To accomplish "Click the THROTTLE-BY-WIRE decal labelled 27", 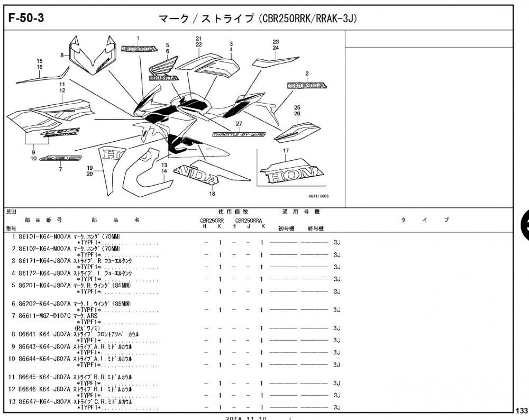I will point(239,135).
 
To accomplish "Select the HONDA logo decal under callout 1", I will point(139,49).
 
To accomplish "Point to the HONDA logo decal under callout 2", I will point(307,85).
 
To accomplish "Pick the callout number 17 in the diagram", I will point(286,151).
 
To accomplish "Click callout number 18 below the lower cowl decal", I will point(212,194).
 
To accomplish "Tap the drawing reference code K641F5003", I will point(318,196).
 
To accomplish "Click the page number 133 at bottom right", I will point(521,410).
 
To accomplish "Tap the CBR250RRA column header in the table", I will point(248,221).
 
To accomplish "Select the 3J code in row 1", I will point(336,242).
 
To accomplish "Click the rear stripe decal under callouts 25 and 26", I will point(297,131).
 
